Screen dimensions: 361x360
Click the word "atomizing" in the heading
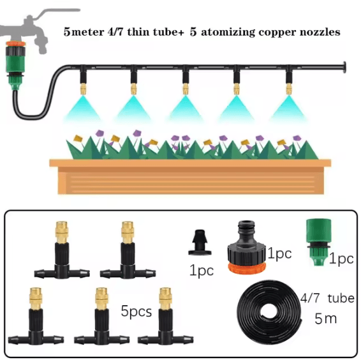(x=228, y=32)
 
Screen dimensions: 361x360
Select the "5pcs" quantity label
(x=136, y=311)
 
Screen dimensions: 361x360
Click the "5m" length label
(x=325, y=319)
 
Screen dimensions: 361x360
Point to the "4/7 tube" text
(x=327, y=298)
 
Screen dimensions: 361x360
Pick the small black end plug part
(x=200, y=243)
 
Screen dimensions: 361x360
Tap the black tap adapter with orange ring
(x=247, y=247)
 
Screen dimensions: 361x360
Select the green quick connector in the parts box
(x=318, y=242)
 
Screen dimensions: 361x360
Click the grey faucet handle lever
(x=57, y=12)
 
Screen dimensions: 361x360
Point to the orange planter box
(x=190, y=176)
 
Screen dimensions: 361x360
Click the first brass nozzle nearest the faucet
(x=83, y=89)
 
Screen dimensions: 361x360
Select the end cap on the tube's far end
(x=344, y=67)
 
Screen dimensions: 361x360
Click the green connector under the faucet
(x=16, y=66)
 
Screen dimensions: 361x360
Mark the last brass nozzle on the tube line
(x=289, y=89)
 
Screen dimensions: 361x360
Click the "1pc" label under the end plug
(x=202, y=270)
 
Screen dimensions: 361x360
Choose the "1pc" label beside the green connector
(x=341, y=259)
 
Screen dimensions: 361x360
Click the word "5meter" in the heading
(x=84, y=32)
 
